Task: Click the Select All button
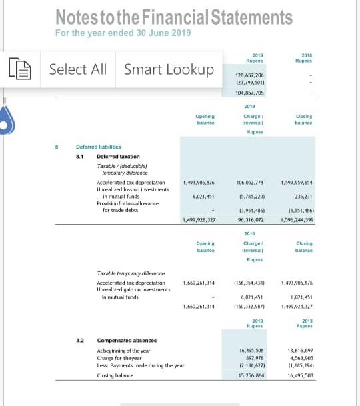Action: tap(78, 69)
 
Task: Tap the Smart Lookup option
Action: tap(169, 69)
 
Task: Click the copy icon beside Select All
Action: tap(18, 69)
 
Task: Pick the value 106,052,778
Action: tap(250, 181)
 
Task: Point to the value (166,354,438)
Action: tap(250, 283)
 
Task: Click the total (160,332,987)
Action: tap(250, 307)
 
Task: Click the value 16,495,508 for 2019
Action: tap(251, 350)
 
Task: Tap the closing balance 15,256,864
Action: tap(251, 375)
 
